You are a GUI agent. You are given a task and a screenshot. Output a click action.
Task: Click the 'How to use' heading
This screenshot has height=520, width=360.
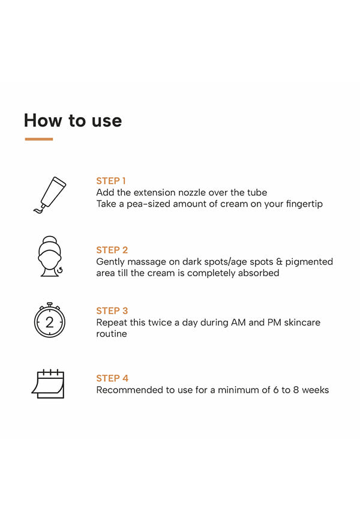click(x=73, y=120)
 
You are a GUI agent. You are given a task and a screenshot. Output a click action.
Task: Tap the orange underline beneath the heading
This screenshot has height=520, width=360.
click(x=39, y=139)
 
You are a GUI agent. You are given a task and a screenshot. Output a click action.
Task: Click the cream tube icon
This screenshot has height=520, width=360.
click(x=50, y=195)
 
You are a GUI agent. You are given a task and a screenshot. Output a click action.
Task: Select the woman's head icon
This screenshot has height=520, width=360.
click(x=50, y=256)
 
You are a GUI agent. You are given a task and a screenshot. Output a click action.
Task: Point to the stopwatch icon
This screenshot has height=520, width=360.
click(x=49, y=320)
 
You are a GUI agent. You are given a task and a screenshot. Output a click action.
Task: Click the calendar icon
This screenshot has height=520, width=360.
click(x=49, y=384)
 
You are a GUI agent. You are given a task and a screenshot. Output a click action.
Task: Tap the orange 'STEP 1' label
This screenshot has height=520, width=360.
click(x=111, y=181)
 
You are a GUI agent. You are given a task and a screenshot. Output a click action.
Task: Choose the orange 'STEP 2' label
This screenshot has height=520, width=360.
click(x=112, y=250)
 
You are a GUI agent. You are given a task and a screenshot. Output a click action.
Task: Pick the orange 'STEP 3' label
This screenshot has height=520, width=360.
click(x=112, y=311)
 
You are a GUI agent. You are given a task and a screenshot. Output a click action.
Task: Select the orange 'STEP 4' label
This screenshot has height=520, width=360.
click(x=112, y=378)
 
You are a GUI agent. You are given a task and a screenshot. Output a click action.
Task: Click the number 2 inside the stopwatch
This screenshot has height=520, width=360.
click(x=49, y=322)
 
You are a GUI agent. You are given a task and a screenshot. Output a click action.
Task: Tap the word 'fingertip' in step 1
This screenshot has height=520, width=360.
click(x=304, y=204)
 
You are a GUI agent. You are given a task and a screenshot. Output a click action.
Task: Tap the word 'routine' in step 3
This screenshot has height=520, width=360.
click(x=112, y=334)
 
